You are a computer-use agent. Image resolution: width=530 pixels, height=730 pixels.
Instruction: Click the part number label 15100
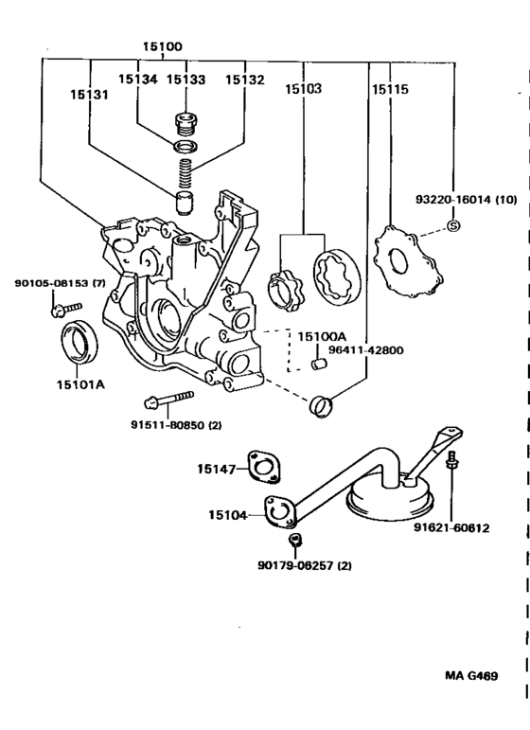tap(163, 45)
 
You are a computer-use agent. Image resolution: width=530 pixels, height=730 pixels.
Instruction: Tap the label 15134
tap(137, 80)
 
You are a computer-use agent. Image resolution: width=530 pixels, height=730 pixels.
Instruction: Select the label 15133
tap(185, 80)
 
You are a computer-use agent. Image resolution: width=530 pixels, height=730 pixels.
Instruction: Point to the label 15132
tap(243, 80)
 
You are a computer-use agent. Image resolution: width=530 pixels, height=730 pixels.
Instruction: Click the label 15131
tap(88, 95)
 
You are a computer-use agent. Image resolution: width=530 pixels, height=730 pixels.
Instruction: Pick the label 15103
tap(303, 90)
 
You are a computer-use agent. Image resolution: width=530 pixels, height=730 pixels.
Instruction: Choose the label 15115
tap(389, 90)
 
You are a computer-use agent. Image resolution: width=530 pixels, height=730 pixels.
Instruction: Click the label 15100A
tap(322, 336)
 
